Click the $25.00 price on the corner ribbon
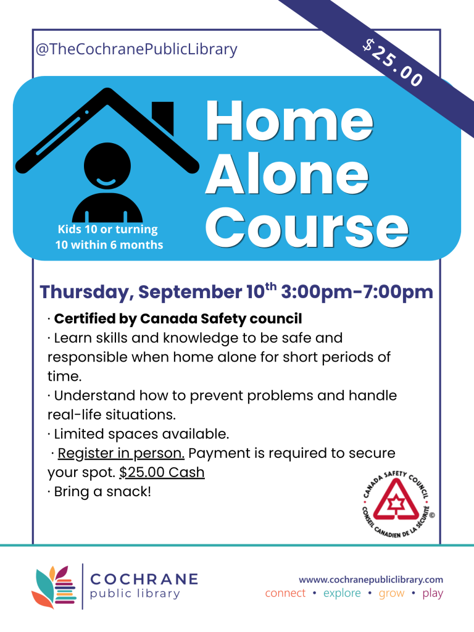[x=393, y=62]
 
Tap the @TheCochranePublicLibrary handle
[x=136, y=49]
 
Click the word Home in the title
[x=289, y=120]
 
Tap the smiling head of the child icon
[x=107, y=165]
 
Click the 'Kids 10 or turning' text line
[x=107, y=230]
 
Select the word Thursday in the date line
[x=86, y=292]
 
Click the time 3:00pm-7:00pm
[x=357, y=291]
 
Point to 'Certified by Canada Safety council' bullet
[x=178, y=318]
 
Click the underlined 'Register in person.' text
[x=121, y=453]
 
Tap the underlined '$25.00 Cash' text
[x=162, y=472]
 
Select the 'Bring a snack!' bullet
[x=99, y=492]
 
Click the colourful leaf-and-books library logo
[x=54, y=586]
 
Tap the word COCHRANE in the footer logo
[x=144, y=579]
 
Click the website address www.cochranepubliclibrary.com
[x=371, y=580]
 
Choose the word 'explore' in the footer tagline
[x=342, y=593]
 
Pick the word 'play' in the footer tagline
[x=433, y=594]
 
